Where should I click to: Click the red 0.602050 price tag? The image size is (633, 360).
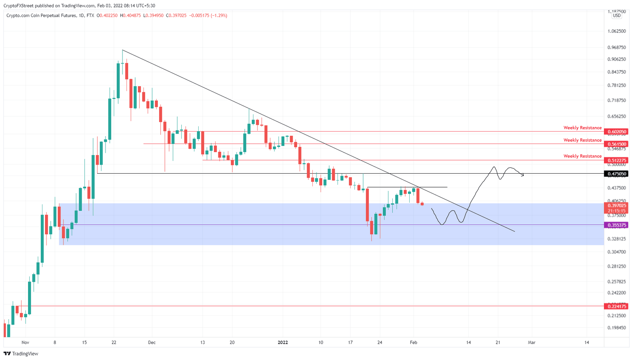click(x=617, y=132)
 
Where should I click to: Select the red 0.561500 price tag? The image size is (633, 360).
click(x=617, y=144)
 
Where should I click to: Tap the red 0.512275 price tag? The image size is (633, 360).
click(x=617, y=160)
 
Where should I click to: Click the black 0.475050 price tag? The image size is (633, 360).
click(x=617, y=174)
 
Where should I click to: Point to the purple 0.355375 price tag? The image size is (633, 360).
click(x=617, y=225)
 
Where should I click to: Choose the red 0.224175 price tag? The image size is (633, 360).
click(x=617, y=306)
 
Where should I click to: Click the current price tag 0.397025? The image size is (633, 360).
click(x=617, y=205)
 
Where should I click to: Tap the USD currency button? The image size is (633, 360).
click(x=617, y=16)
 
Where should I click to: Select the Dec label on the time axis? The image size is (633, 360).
click(x=152, y=342)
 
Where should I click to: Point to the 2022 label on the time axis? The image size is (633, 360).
click(x=283, y=342)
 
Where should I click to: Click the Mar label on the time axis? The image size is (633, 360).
click(x=532, y=342)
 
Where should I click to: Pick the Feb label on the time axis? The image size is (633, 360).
click(x=414, y=342)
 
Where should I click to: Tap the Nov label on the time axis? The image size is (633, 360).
click(x=25, y=342)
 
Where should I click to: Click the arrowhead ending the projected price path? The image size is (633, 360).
click(x=523, y=175)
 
